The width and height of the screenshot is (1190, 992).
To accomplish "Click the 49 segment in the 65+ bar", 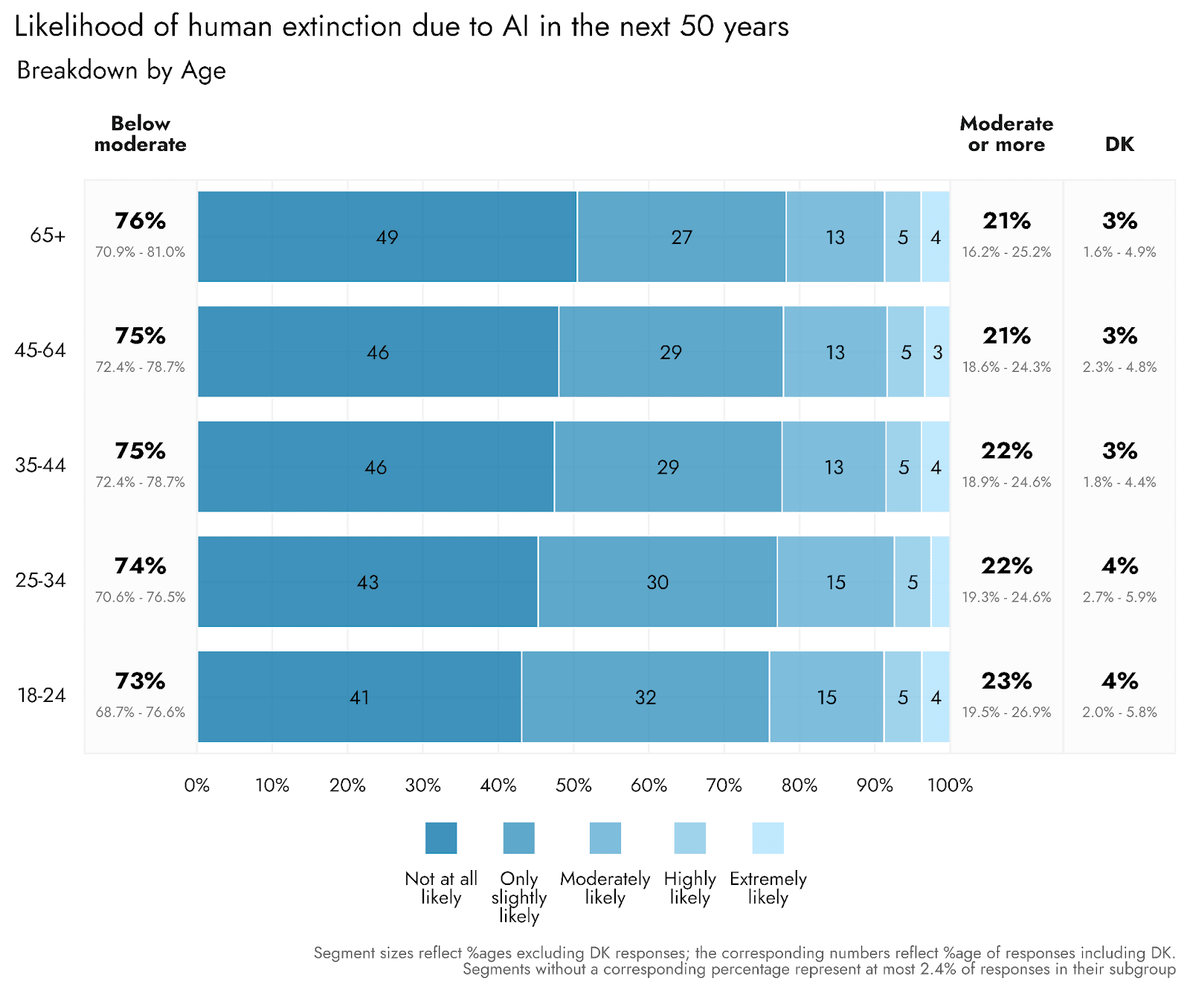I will pos(387,236).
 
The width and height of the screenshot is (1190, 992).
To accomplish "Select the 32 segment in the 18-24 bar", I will pos(645,697).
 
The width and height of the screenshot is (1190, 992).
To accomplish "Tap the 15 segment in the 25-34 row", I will pos(835,582).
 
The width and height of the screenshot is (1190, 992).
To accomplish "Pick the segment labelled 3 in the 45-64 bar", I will pos(937,352).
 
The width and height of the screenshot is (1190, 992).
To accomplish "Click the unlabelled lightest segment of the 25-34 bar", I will pos(940,582).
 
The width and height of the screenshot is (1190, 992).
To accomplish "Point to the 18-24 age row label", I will pos(41,695).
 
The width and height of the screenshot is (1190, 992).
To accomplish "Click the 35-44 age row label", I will pos(40,466).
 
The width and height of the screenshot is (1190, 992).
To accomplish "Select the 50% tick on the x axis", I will pos(573,785).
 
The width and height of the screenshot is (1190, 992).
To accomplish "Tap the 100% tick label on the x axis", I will pos(950,785).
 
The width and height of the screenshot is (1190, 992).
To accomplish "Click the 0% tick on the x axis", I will pos(197,785).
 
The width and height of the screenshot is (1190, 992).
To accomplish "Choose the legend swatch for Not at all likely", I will pos(441,838).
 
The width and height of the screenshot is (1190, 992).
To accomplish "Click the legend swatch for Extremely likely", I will pos(768,838).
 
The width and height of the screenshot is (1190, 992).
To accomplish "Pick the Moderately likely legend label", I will pos(605,888).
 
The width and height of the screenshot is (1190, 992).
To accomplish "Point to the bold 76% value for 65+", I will pos(140,221).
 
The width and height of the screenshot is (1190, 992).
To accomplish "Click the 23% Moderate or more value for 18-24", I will pos(1006,681).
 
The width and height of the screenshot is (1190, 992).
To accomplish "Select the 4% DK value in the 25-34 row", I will pos(1119,566).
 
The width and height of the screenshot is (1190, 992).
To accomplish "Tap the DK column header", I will pos(1119,144).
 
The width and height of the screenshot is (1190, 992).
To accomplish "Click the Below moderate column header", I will pos(140,134).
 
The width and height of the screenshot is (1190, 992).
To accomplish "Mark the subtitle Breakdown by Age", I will pos(121,71).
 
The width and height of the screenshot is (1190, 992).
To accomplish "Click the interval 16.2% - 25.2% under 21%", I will pos(1006,252).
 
